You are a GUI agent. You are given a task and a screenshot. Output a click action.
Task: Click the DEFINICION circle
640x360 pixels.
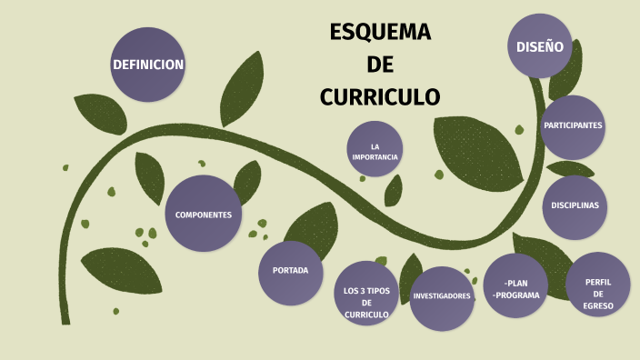pyautogui.click(x=148, y=65)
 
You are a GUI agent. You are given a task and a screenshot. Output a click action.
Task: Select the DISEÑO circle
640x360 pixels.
pyautogui.click(x=540, y=46)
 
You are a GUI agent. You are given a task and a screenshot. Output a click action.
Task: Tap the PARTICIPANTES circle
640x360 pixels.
pyautogui.click(x=573, y=125)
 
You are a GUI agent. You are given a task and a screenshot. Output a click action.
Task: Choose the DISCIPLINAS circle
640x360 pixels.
pyautogui.click(x=575, y=205)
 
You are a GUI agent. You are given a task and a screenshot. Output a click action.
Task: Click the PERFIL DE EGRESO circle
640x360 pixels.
pyautogui.click(x=598, y=293)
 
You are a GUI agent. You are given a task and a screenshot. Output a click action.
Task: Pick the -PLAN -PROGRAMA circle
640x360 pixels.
pyautogui.click(x=515, y=287)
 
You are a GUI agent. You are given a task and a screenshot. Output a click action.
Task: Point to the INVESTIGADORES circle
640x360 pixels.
pyautogui.click(x=442, y=296)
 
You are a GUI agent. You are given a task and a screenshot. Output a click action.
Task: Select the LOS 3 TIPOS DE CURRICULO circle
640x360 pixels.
pyautogui.click(x=366, y=301)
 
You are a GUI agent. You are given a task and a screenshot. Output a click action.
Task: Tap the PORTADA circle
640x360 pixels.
pyautogui.click(x=290, y=271)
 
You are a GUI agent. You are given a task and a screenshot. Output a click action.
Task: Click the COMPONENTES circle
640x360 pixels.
pyautogui.click(x=203, y=215)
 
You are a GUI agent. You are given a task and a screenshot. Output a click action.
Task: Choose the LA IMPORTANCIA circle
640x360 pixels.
pyautogui.click(x=375, y=151)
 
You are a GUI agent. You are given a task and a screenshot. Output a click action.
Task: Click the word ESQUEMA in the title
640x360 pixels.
pyautogui.click(x=380, y=34)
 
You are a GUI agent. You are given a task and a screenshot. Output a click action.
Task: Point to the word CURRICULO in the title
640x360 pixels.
pyautogui.click(x=380, y=96)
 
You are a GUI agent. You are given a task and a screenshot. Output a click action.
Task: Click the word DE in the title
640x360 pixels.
pyautogui.click(x=380, y=65)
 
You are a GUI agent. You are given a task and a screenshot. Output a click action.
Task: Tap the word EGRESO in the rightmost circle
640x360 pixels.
pyautogui.click(x=598, y=305)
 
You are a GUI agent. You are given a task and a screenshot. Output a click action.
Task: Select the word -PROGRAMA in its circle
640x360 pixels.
pyautogui.click(x=515, y=295)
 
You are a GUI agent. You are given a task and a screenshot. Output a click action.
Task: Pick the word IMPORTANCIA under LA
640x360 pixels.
pyautogui.click(x=375, y=157)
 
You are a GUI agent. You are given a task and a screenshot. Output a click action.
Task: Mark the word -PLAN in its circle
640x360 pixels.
pyautogui.click(x=515, y=282)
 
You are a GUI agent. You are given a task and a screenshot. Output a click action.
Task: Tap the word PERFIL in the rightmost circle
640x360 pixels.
pyautogui.click(x=598, y=282)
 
